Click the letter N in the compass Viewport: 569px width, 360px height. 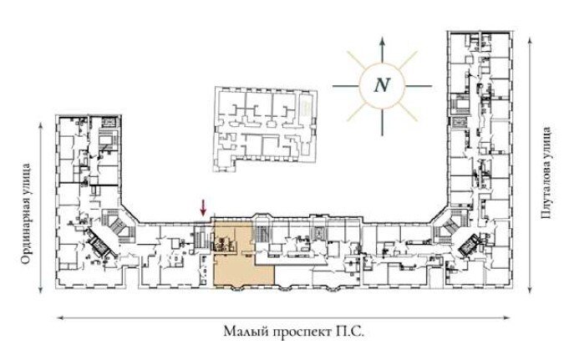(x=382, y=86)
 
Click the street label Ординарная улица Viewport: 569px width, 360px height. (x=25, y=214)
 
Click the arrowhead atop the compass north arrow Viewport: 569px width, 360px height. (x=382, y=40)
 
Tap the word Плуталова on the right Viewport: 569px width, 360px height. (x=546, y=191)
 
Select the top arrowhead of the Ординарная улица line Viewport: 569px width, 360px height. (x=41, y=125)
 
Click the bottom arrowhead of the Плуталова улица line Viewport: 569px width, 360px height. (x=531, y=289)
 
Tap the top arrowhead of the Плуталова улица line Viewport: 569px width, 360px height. (x=531, y=40)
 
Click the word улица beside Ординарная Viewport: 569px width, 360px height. (x=25, y=180)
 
